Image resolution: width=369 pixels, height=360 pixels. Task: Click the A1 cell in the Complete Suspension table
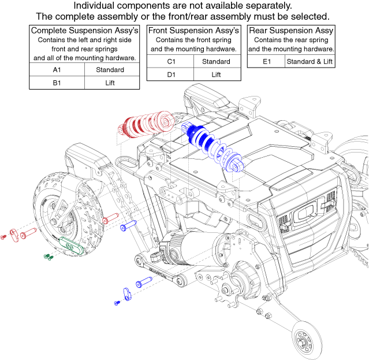[x=57, y=70]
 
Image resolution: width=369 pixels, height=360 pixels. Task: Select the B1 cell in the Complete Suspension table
[x=57, y=83]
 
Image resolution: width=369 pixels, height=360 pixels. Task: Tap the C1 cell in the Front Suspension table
[x=171, y=61]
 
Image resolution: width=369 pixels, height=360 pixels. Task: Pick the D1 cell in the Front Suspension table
[x=171, y=75]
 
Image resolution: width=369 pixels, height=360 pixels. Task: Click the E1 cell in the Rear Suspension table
[x=266, y=61]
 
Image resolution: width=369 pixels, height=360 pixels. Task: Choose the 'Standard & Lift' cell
[x=310, y=61]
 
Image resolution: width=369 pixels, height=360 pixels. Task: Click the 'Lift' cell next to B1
[x=110, y=83]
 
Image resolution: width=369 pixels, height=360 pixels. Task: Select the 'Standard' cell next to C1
[x=216, y=61]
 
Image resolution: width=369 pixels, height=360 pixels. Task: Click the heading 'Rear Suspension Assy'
[x=291, y=30]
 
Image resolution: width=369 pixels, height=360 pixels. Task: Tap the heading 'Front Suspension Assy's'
[x=194, y=30]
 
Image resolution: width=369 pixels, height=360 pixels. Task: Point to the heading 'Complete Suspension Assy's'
[x=84, y=30]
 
